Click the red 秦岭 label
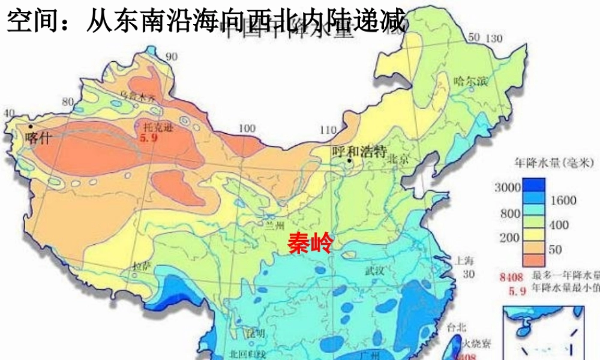pos(309,244)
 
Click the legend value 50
pos(555,249)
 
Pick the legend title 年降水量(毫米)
pos(545,162)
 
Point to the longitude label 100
pos(247,128)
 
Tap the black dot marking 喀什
pos(30,127)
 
